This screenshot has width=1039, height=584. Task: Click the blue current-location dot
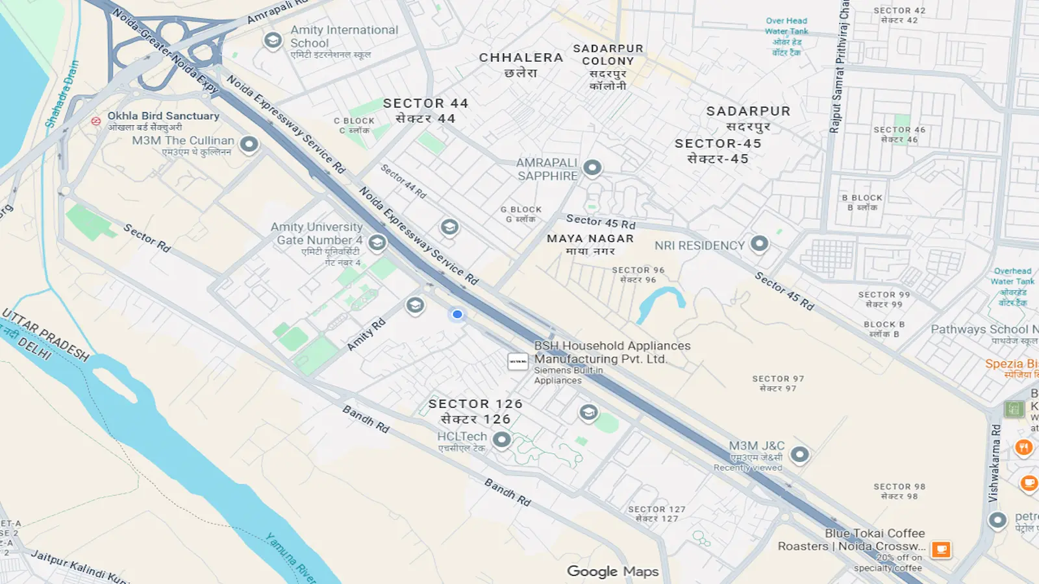point(457,314)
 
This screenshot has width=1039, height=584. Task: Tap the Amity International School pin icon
point(273,40)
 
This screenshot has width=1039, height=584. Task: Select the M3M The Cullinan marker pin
point(249,143)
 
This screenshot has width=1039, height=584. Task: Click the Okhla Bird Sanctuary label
point(163,116)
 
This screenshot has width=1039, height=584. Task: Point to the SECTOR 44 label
point(425,104)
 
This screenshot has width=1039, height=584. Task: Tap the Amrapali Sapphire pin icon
point(592,167)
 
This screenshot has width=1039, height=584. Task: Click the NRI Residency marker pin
point(759,243)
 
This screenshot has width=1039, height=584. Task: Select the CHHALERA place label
point(521,58)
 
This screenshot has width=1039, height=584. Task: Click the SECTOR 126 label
point(475,404)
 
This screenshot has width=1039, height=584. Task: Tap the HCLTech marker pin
point(501,440)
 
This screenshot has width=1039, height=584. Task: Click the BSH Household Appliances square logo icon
point(518,361)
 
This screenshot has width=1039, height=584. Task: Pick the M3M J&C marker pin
point(800,454)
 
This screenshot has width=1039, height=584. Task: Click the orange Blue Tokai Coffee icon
point(941,550)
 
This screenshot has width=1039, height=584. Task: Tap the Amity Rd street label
point(366,335)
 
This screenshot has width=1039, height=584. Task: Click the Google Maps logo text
point(612,571)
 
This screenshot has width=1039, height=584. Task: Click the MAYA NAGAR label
point(590,239)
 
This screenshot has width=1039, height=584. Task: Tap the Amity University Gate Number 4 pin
point(377,243)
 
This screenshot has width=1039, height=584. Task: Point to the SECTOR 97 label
point(778,379)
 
